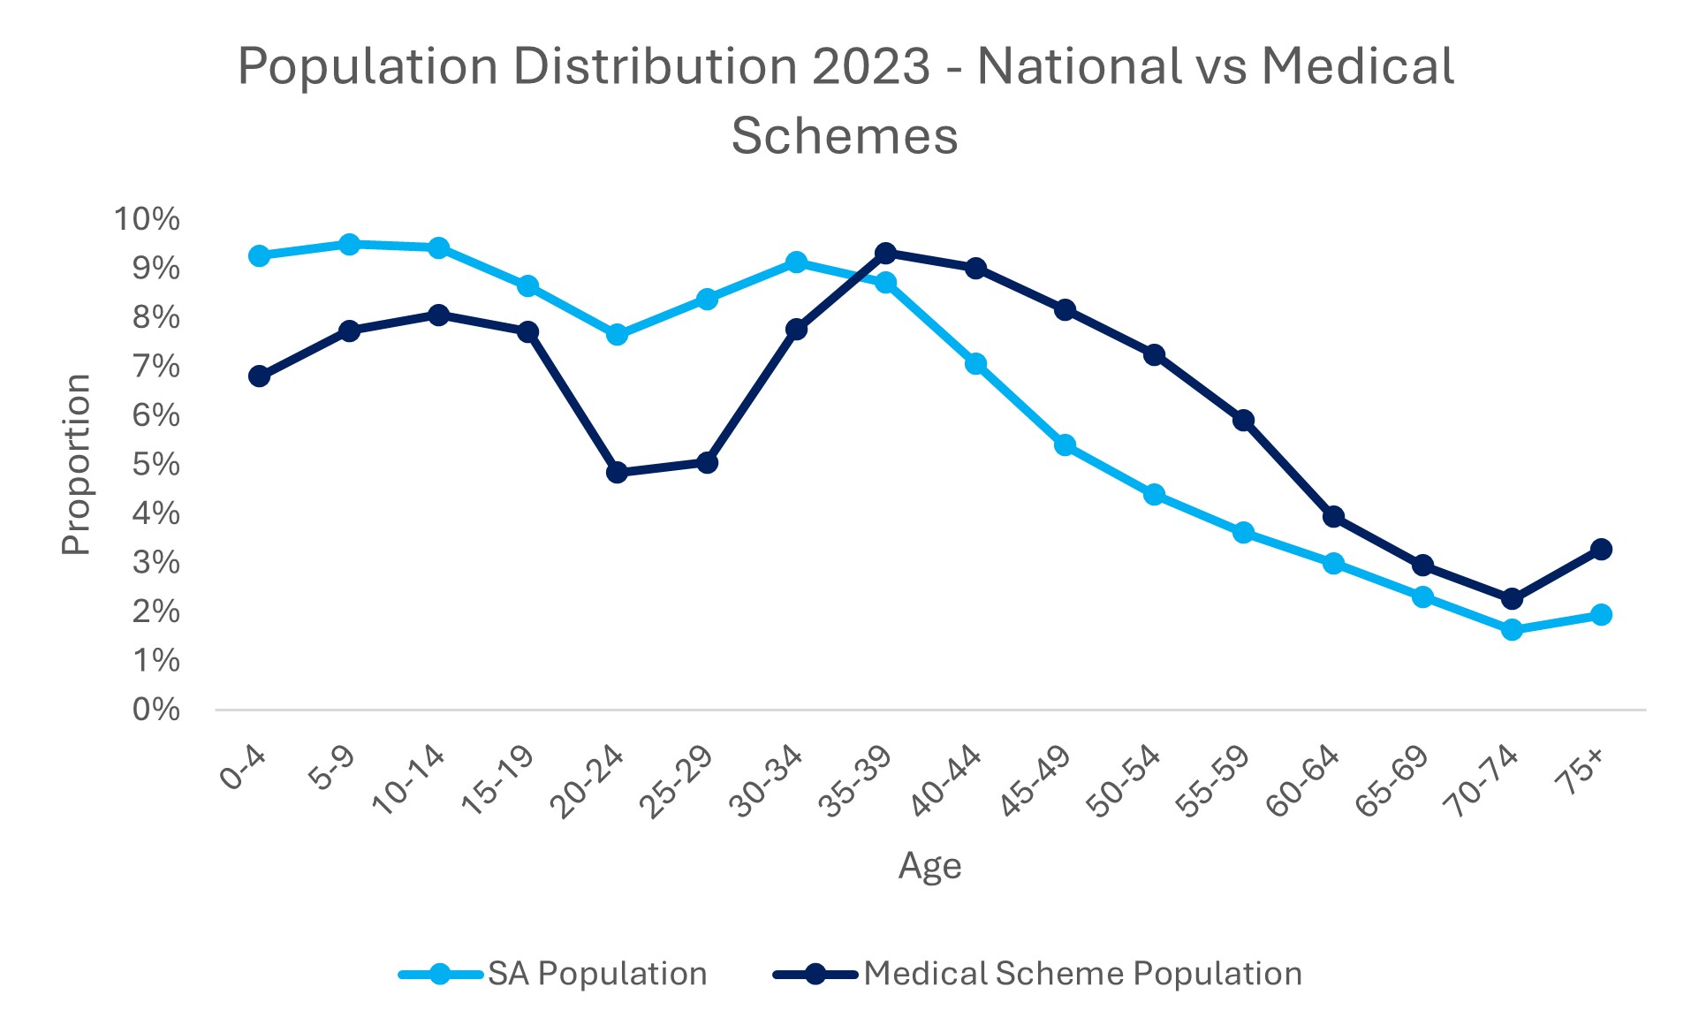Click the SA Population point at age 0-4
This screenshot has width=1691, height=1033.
point(259,256)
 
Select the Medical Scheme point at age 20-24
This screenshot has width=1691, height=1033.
point(618,473)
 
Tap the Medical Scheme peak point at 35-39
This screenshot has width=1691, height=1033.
point(885,254)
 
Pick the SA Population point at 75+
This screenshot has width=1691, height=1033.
point(1601,615)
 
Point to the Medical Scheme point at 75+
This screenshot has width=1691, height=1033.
point(1601,550)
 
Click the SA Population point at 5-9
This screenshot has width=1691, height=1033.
point(349,244)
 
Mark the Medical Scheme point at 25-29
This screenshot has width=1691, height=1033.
point(707,462)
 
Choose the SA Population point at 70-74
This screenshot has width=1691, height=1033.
point(1512,630)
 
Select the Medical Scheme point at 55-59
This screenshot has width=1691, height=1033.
point(1243,421)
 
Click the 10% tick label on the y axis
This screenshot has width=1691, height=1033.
point(147,219)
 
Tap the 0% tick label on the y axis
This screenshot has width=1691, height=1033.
point(155,710)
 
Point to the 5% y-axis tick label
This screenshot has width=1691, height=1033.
point(155,465)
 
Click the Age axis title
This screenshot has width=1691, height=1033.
point(929,866)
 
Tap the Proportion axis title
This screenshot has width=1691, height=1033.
point(77,464)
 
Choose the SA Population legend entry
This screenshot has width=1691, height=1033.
point(597,974)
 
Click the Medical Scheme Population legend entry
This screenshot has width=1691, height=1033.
point(1082,974)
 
